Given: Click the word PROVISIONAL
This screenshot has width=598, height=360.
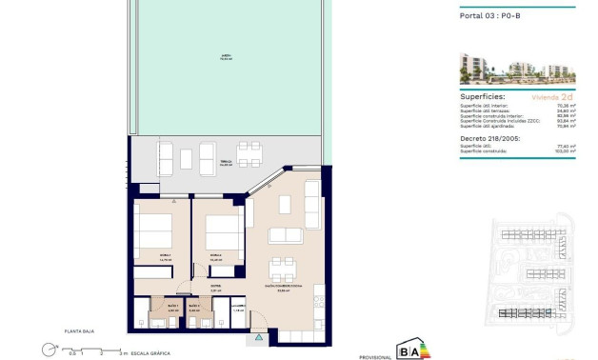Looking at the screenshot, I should pyautogui.click(x=374, y=356).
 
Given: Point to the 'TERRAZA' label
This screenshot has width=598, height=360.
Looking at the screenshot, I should pyautogui.click(x=226, y=162).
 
